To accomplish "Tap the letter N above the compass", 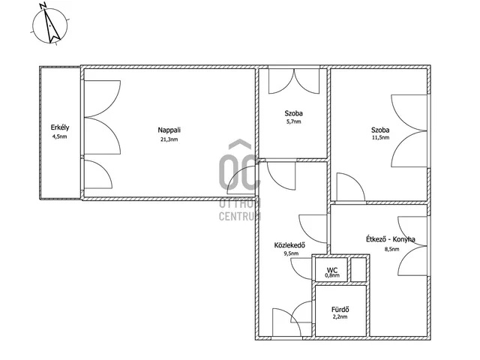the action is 43,5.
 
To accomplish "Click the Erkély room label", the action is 60,127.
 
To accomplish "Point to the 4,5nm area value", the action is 60,136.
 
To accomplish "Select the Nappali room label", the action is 169,130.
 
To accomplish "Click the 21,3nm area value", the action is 169,139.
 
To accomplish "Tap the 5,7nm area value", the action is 293,121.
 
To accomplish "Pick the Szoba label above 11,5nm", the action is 380,130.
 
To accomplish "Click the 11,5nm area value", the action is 380,137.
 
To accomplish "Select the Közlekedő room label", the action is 289,245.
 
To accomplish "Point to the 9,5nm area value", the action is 291,253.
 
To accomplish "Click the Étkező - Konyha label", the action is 391,239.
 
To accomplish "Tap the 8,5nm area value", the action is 391,249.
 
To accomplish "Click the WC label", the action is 332,270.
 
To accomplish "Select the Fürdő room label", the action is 340,310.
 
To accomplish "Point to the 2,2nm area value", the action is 340,316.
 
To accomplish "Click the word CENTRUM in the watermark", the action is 240,216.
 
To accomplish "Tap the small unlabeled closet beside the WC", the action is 358,270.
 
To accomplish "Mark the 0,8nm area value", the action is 332,275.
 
